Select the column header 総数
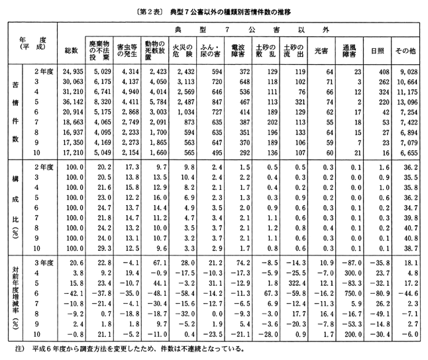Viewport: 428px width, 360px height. (x=71, y=51)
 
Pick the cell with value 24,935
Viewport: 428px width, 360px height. (x=71, y=71)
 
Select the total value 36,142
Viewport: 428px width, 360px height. (x=71, y=103)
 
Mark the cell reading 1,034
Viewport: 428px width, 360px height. (x=188, y=114)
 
